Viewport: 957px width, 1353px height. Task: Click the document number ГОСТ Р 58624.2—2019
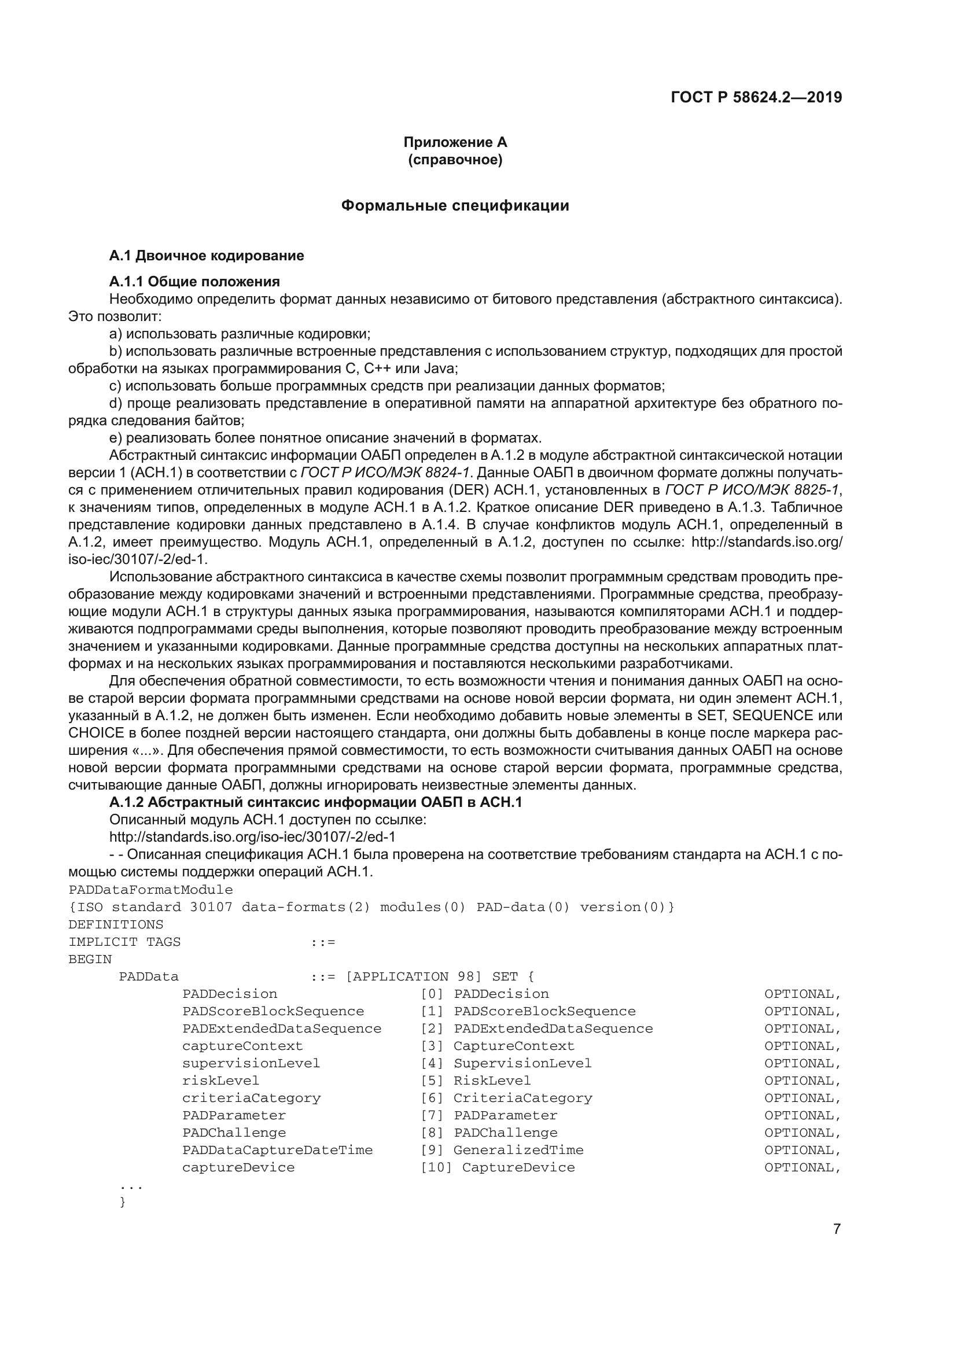tap(756, 97)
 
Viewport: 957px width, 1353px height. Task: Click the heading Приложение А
tap(455, 142)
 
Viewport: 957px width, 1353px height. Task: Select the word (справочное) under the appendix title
tap(455, 160)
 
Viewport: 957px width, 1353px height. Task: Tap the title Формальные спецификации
tap(455, 206)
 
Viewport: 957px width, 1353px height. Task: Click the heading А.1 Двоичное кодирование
tap(206, 256)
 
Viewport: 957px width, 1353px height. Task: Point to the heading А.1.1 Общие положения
tap(194, 281)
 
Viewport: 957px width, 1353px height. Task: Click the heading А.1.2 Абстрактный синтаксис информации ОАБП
tap(316, 803)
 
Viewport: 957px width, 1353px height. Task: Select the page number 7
tap(837, 1229)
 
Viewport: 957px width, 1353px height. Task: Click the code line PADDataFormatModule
tap(151, 890)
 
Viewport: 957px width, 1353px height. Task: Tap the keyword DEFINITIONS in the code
tap(116, 924)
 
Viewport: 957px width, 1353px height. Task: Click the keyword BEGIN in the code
tap(90, 959)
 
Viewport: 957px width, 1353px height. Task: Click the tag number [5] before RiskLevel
tap(432, 1081)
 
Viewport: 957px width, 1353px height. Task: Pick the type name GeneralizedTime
tap(518, 1151)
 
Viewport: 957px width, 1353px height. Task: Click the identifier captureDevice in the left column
tap(238, 1167)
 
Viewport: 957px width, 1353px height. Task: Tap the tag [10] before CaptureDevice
tap(436, 1167)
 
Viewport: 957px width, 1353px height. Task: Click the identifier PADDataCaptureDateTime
tap(277, 1151)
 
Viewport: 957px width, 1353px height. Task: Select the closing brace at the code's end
tap(123, 1202)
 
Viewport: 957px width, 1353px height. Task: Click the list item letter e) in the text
tap(116, 438)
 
